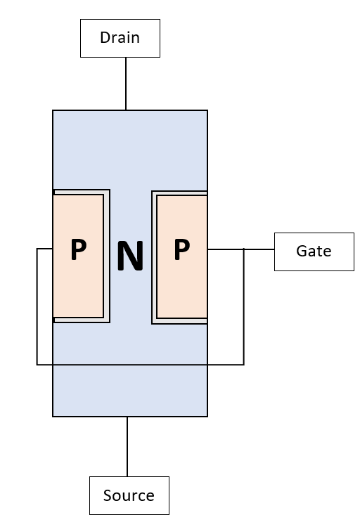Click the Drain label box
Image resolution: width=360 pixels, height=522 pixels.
pyautogui.click(x=120, y=38)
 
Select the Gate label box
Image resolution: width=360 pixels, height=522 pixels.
pyautogui.click(x=314, y=252)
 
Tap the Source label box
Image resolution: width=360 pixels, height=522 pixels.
pyautogui.click(x=129, y=495)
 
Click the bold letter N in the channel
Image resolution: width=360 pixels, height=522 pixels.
pyautogui.click(x=130, y=256)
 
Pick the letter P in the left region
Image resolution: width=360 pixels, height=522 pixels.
pyautogui.click(x=79, y=249)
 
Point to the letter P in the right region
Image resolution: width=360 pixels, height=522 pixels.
pyautogui.click(x=182, y=249)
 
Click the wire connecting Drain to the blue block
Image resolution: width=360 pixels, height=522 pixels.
pyautogui.click(x=126, y=84)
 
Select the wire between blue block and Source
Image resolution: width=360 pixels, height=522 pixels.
pyautogui.click(x=127, y=446)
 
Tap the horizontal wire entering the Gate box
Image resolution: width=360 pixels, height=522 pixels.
pyautogui.click(x=240, y=249)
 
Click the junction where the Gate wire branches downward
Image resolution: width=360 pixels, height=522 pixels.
pyautogui.click(x=244, y=249)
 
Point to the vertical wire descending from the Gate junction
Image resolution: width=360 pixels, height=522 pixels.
pyautogui.click(x=244, y=306)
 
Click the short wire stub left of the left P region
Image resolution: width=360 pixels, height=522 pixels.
pyautogui.click(x=44, y=248)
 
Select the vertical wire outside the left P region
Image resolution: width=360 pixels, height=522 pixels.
pyautogui.click(x=37, y=306)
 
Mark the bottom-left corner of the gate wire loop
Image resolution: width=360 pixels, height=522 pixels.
pyautogui.click(x=37, y=365)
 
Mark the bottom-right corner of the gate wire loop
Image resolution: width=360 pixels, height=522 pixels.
pyautogui.click(x=244, y=365)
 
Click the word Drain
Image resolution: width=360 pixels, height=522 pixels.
pyautogui.click(x=120, y=37)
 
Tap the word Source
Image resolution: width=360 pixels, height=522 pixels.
pyautogui.click(x=129, y=495)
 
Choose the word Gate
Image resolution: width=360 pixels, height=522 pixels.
pyautogui.click(x=314, y=251)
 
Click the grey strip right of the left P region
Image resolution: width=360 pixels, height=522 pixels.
pyautogui.click(x=107, y=256)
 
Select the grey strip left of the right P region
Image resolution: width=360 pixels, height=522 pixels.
pyautogui.click(x=155, y=257)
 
